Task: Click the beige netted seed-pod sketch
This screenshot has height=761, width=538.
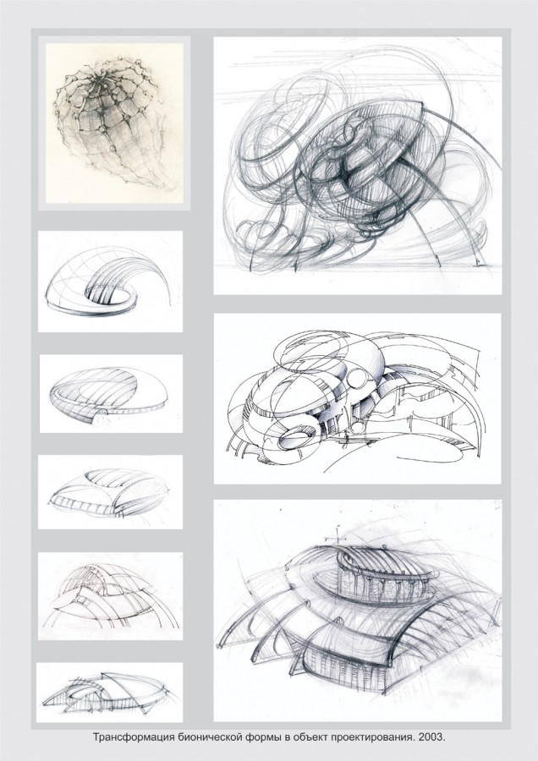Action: [114, 123]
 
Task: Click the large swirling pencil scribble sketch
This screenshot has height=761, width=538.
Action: [359, 165]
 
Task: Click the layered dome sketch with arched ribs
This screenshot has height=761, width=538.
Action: [110, 596]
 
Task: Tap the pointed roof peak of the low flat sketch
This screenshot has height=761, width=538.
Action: [102, 674]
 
